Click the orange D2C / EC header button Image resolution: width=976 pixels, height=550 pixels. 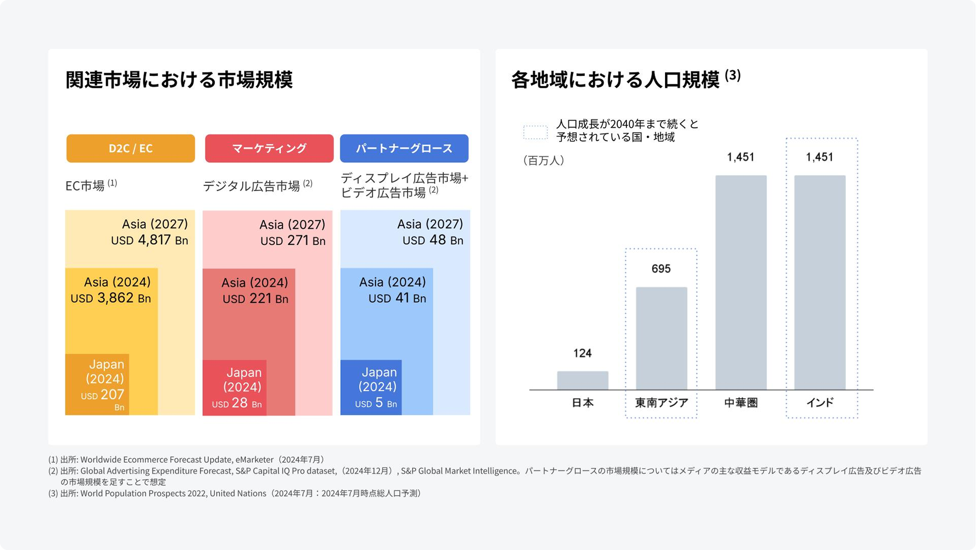130,148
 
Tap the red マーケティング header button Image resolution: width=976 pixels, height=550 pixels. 269,148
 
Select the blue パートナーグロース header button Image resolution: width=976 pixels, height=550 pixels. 404,148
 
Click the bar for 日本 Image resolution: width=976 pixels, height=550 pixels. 582,380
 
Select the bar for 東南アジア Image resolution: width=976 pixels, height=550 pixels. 661,338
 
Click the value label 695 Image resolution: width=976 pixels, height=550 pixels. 661,269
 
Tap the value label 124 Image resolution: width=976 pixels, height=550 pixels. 582,353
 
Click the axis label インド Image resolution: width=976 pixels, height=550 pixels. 820,403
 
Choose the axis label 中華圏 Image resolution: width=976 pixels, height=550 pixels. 740,403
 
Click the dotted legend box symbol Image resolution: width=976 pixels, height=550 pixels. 535,132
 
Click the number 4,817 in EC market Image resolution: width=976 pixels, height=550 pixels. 154,240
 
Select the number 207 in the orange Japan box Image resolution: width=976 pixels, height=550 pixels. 113,395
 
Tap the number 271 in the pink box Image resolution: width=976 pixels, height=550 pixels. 298,241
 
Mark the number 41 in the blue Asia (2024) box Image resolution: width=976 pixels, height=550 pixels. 402,298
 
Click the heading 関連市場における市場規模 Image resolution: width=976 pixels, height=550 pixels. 179,80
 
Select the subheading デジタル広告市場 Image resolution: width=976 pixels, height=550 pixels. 251,186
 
